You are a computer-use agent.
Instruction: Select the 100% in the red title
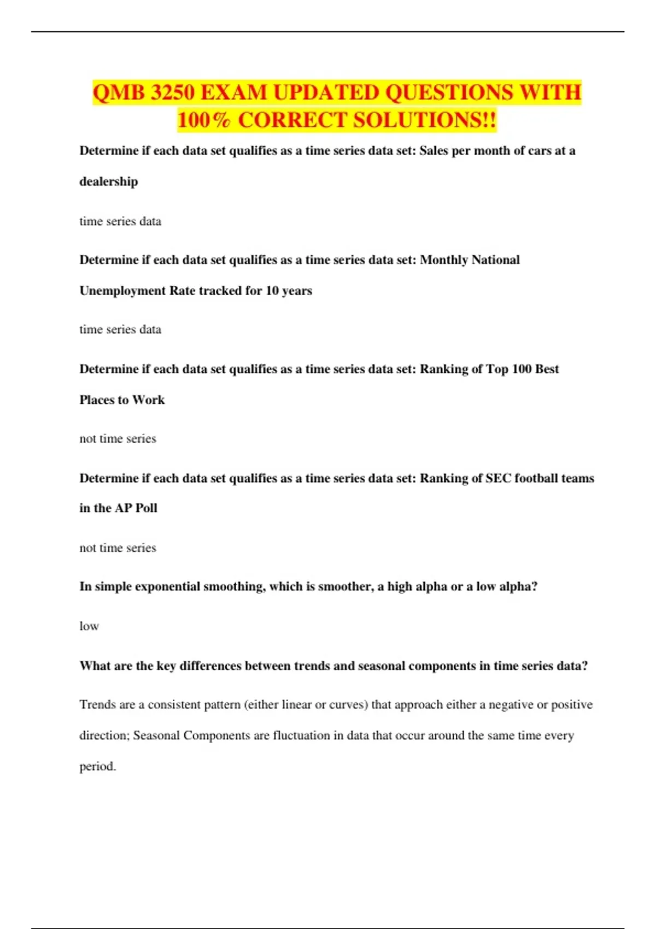click(x=203, y=120)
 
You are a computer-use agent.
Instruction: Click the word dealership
click(x=109, y=181)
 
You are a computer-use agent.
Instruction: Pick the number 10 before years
click(x=272, y=291)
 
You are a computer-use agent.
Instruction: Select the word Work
click(x=148, y=400)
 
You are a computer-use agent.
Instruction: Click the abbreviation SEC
click(x=498, y=478)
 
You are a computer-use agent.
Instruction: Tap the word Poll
click(x=146, y=508)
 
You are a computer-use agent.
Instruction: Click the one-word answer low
click(x=89, y=626)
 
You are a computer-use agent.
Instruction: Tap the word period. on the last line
click(x=98, y=767)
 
